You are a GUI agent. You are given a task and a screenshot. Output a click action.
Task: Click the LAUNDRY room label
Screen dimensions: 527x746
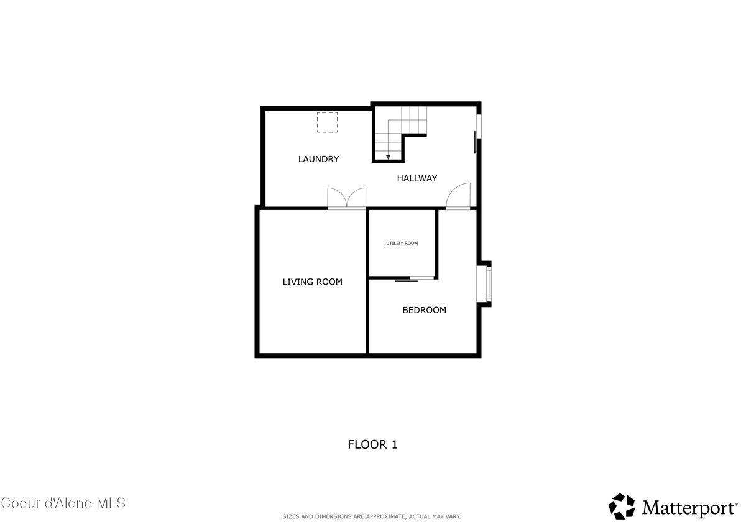[318, 159]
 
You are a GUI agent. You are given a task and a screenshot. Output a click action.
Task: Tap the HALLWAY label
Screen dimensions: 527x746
[417, 178]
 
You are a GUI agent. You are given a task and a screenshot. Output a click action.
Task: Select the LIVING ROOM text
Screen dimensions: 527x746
[312, 282]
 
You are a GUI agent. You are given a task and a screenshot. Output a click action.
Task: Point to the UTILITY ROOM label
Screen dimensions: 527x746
[402, 243]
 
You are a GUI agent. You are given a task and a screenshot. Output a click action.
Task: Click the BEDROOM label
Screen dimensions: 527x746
[424, 310]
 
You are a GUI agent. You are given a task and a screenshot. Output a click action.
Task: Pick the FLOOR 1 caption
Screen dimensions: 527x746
[372, 444]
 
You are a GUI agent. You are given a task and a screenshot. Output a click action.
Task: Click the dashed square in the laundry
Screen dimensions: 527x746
[327, 122]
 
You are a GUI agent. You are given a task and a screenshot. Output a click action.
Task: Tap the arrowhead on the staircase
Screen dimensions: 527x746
[388, 156]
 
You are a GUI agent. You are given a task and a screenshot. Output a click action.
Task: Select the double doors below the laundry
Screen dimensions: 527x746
[347, 198]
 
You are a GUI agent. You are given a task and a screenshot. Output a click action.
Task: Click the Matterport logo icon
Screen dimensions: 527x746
[621, 506]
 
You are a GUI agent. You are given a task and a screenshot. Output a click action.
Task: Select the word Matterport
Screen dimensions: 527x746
[689, 508]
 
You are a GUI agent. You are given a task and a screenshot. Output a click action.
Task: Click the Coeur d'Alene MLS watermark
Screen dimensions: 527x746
[63, 503]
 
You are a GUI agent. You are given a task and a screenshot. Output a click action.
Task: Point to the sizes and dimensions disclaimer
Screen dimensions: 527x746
[372, 516]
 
